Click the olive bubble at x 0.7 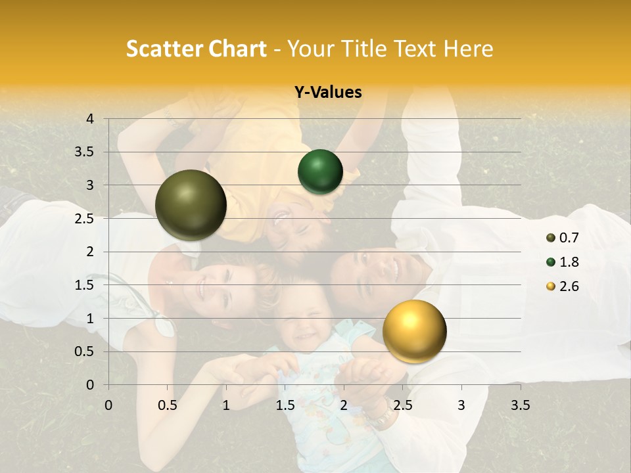(191, 205)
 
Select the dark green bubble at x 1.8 (320, 172)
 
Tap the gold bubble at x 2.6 (414, 331)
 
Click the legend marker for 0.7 (550, 238)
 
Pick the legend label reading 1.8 (569, 262)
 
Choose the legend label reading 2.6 (569, 286)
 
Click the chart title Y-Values (328, 93)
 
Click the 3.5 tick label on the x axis (521, 405)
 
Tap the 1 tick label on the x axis (226, 405)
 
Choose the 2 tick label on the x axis (344, 405)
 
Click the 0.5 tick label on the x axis (168, 405)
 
